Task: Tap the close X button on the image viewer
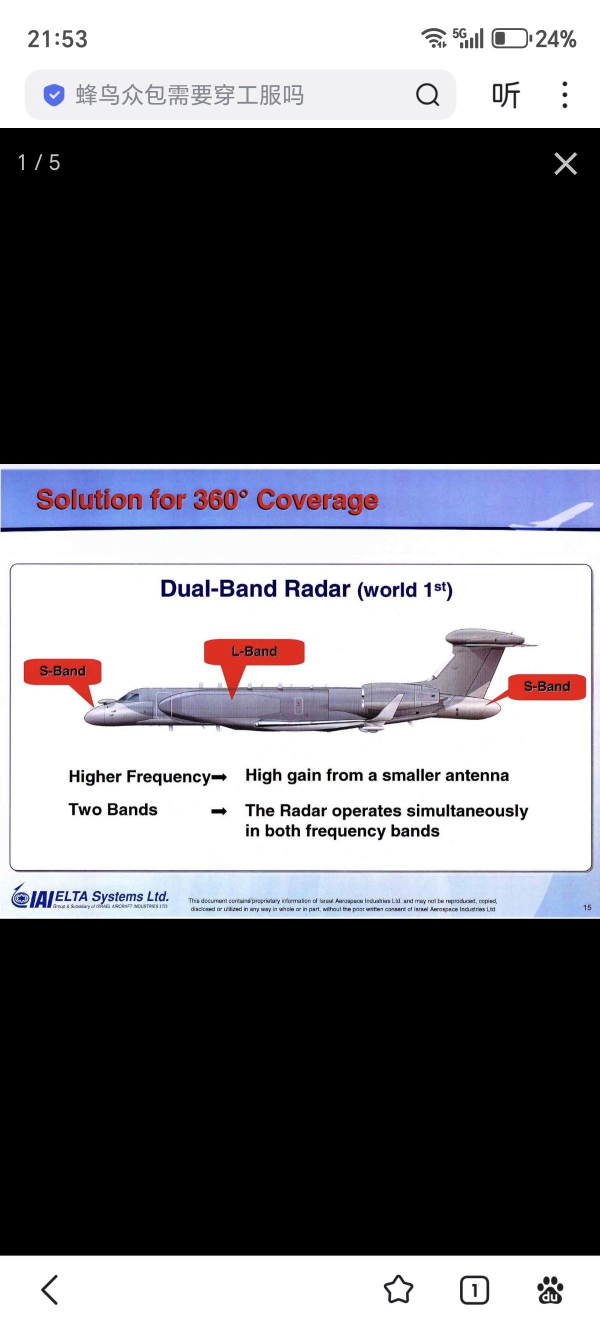click(565, 163)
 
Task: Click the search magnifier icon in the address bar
click(427, 94)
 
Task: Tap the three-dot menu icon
click(565, 94)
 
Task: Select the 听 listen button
click(506, 94)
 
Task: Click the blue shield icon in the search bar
click(53, 94)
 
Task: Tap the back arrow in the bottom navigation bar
click(49, 1290)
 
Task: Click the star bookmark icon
click(398, 1290)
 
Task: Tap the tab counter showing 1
click(474, 1290)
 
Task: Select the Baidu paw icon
click(550, 1290)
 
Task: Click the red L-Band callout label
click(254, 652)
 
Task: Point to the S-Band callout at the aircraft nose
click(62, 671)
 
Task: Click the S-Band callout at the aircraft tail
click(546, 686)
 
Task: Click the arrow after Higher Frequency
click(219, 778)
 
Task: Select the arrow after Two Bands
click(219, 812)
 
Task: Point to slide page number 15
click(587, 908)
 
